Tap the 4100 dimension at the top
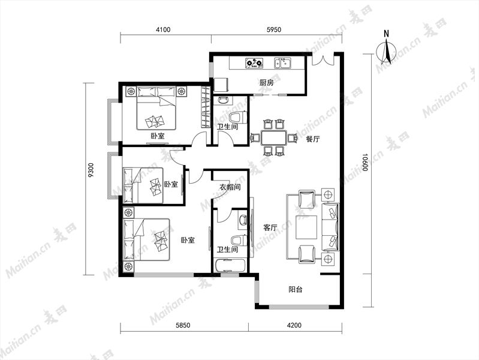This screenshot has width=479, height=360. point(163,29)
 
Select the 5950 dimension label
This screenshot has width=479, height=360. point(274,29)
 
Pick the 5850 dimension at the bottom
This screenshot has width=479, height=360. point(183,325)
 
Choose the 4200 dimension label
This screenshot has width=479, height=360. point(294,325)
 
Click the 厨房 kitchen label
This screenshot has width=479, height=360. point(266,83)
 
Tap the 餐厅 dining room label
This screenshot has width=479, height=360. point(313,139)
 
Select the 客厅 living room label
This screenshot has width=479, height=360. point(270,227)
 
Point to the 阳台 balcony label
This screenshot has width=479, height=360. point(296,289)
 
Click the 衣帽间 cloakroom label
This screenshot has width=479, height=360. point(230,187)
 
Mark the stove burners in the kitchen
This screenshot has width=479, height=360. point(254,63)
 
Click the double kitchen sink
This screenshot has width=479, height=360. point(283,63)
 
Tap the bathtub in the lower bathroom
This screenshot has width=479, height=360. point(230,265)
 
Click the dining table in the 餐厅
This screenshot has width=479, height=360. point(274,138)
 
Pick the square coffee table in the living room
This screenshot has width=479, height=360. point(306,227)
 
